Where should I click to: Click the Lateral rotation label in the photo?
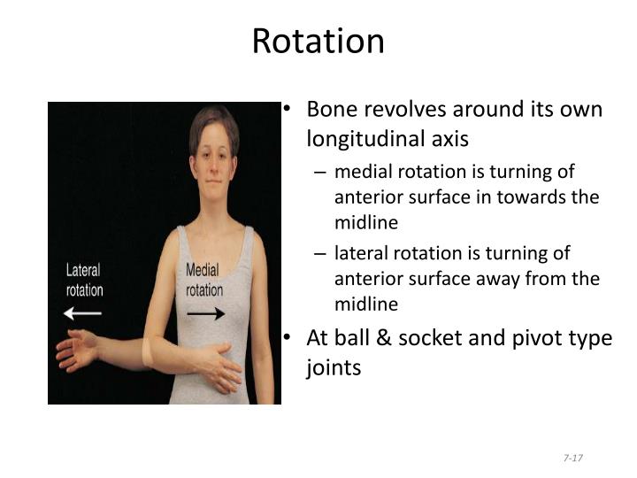coord(84,280)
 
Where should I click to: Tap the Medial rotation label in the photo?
coord(204,280)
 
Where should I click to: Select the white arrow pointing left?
coord(83,312)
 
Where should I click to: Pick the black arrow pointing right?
coord(205,312)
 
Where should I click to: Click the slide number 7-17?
coord(572,457)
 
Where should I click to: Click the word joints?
coord(334,366)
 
